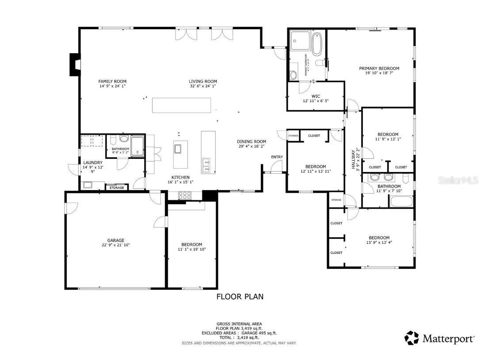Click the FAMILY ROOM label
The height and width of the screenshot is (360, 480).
[x=112, y=81]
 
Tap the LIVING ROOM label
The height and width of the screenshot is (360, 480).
[x=203, y=81]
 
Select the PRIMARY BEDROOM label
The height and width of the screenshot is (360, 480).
[x=379, y=69]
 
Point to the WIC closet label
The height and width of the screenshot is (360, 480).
[x=315, y=96]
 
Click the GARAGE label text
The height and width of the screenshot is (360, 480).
[x=115, y=241]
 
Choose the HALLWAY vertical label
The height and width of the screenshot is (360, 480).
[x=353, y=159]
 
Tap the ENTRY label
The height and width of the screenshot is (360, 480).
[x=277, y=157]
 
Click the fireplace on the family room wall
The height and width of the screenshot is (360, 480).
[x=74, y=65]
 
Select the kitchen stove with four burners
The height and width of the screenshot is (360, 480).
[x=184, y=195]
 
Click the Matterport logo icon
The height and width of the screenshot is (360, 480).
[x=412, y=338]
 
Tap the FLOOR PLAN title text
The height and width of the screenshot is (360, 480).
[x=240, y=297]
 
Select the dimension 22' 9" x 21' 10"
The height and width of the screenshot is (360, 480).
[x=115, y=245]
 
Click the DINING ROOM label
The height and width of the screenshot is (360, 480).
[x=252, y=142]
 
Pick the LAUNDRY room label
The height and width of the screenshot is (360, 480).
[x=93, y=163]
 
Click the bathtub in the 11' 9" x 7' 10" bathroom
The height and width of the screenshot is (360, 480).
[x=400, y=201]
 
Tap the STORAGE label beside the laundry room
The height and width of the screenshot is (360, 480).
[x=117, y=188]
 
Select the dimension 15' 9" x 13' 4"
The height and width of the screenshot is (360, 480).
[x=379, y=242]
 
